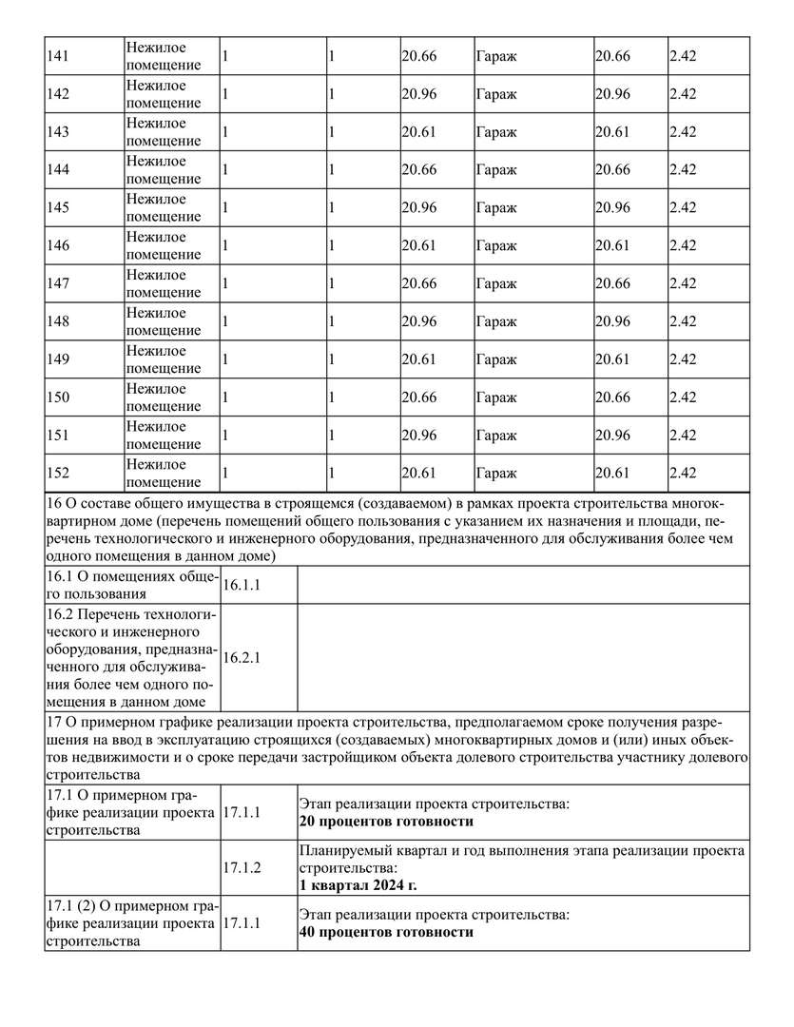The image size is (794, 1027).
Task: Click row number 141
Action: tap(58, 56)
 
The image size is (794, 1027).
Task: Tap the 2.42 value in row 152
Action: tap(683, 474)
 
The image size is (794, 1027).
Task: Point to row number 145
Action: tap(58, 208)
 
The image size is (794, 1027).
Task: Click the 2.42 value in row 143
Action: tap(683, 132)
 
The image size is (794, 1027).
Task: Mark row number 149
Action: tap(58, 360)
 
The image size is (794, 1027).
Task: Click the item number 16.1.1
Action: tap(242, 586)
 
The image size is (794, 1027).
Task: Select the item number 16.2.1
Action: tap(242, 657)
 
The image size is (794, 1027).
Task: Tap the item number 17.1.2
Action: tap(242, 867)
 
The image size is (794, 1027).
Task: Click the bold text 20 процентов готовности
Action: tap(386, 822)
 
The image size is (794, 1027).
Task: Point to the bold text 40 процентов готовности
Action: tap(386, 933)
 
